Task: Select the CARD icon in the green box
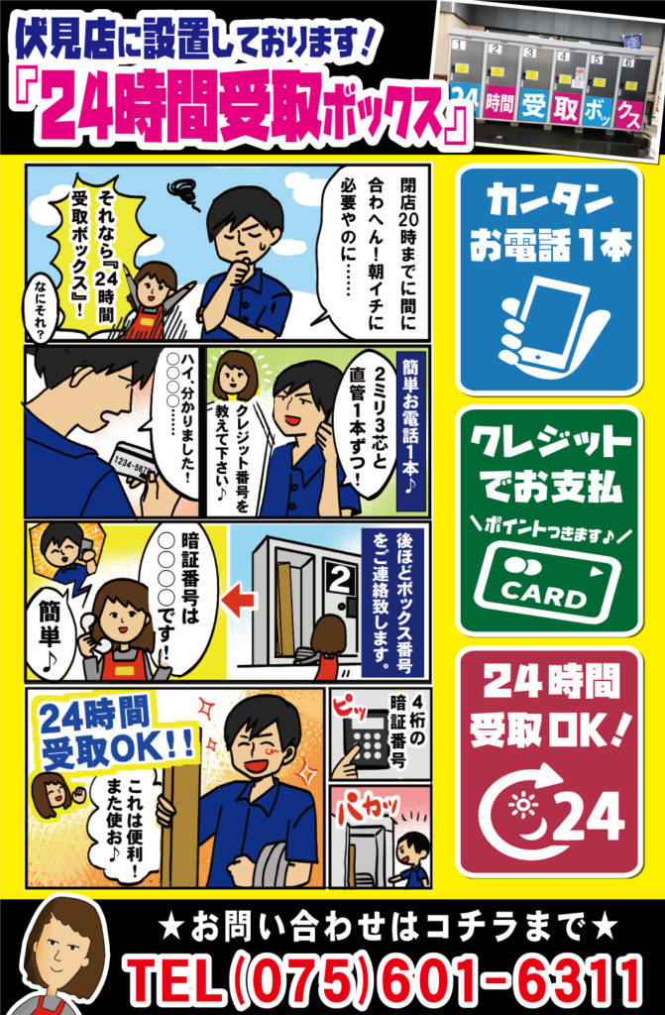click(548, 583)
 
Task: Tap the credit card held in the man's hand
click(133, 464)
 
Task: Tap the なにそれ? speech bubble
click(42, 309)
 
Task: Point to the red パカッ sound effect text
click(367, 806)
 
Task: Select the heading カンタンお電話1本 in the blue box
click(550, 221)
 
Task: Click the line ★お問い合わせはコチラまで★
click(388, 927)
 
